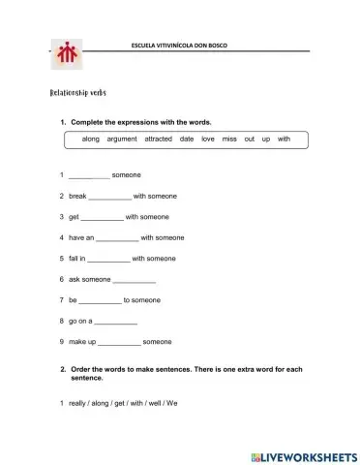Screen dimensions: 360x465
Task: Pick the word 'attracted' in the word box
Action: (x=158, y=139)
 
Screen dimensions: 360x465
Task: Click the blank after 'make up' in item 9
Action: (x=119, y=342)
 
